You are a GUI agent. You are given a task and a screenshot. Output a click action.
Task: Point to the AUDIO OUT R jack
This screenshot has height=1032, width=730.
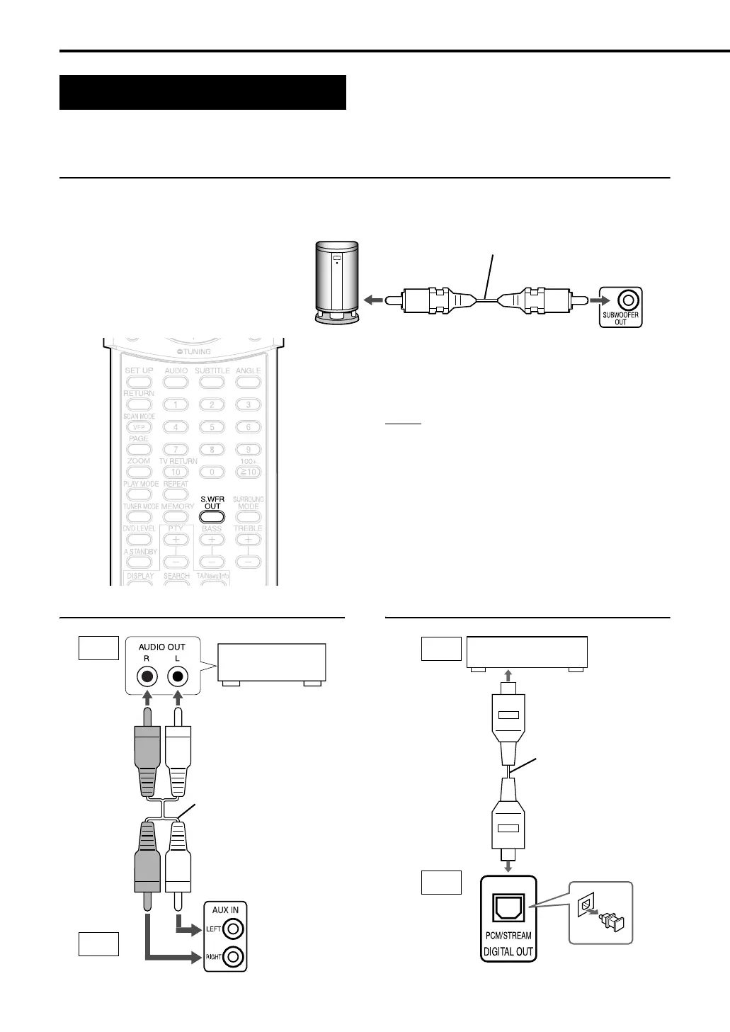[x=147, y=677]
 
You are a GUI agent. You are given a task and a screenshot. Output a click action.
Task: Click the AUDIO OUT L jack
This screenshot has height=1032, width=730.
[x=178, y=677]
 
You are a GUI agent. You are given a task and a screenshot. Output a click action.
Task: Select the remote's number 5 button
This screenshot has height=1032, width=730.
[x=212, y=426]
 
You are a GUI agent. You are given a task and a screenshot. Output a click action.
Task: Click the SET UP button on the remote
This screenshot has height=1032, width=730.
[x=139, y=382]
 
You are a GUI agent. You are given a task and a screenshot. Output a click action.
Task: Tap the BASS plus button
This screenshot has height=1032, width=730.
[x=212, y=540]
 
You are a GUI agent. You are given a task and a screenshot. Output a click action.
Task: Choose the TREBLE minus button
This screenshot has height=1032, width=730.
[x=248, y=562]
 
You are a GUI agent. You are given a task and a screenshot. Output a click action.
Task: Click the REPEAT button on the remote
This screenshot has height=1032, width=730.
[x=176, y=494]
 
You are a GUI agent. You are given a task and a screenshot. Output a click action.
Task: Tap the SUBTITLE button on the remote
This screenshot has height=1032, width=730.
[x=212, y=382]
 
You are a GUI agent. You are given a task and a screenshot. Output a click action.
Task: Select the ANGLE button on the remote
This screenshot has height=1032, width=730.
[x=248, y=382]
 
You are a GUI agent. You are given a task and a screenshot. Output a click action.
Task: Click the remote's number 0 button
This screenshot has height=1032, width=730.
[x=212, y=472]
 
